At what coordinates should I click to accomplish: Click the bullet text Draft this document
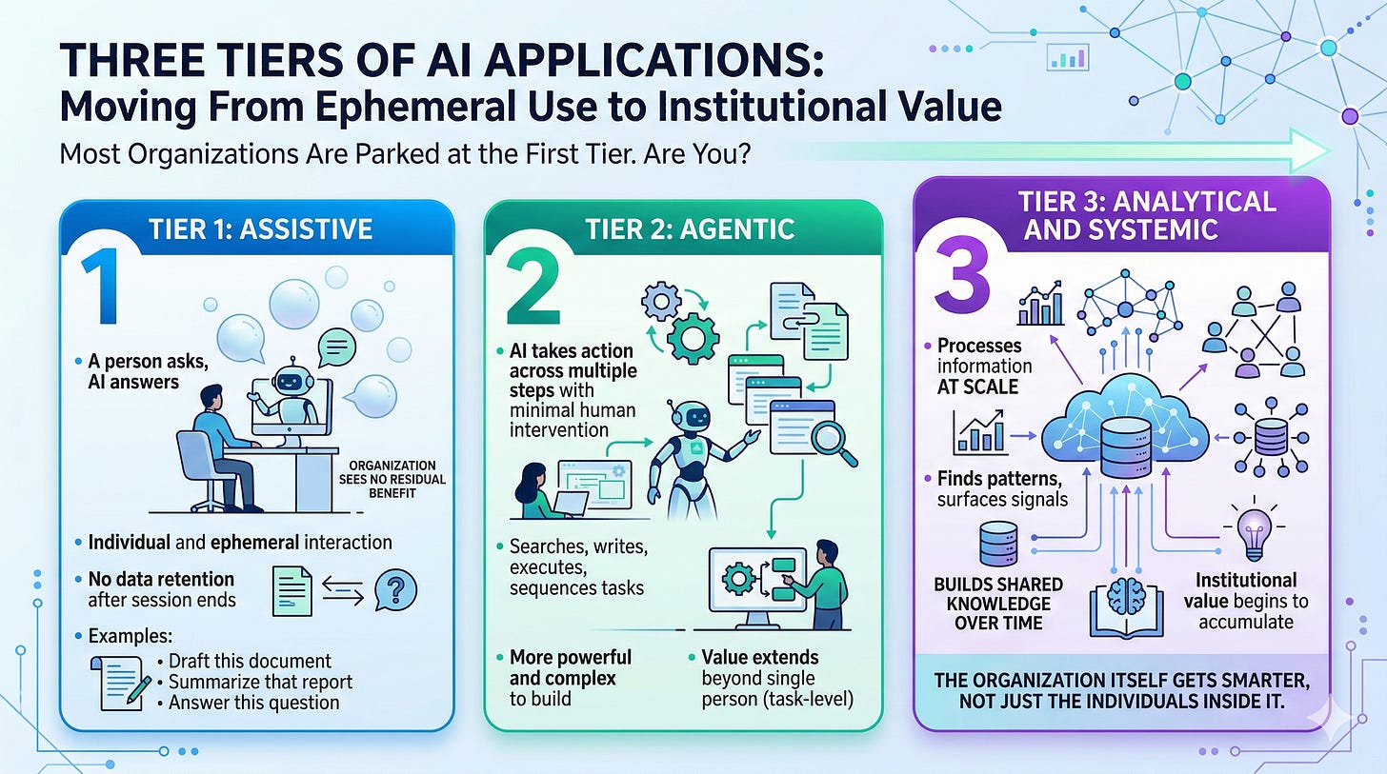[250, 661]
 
